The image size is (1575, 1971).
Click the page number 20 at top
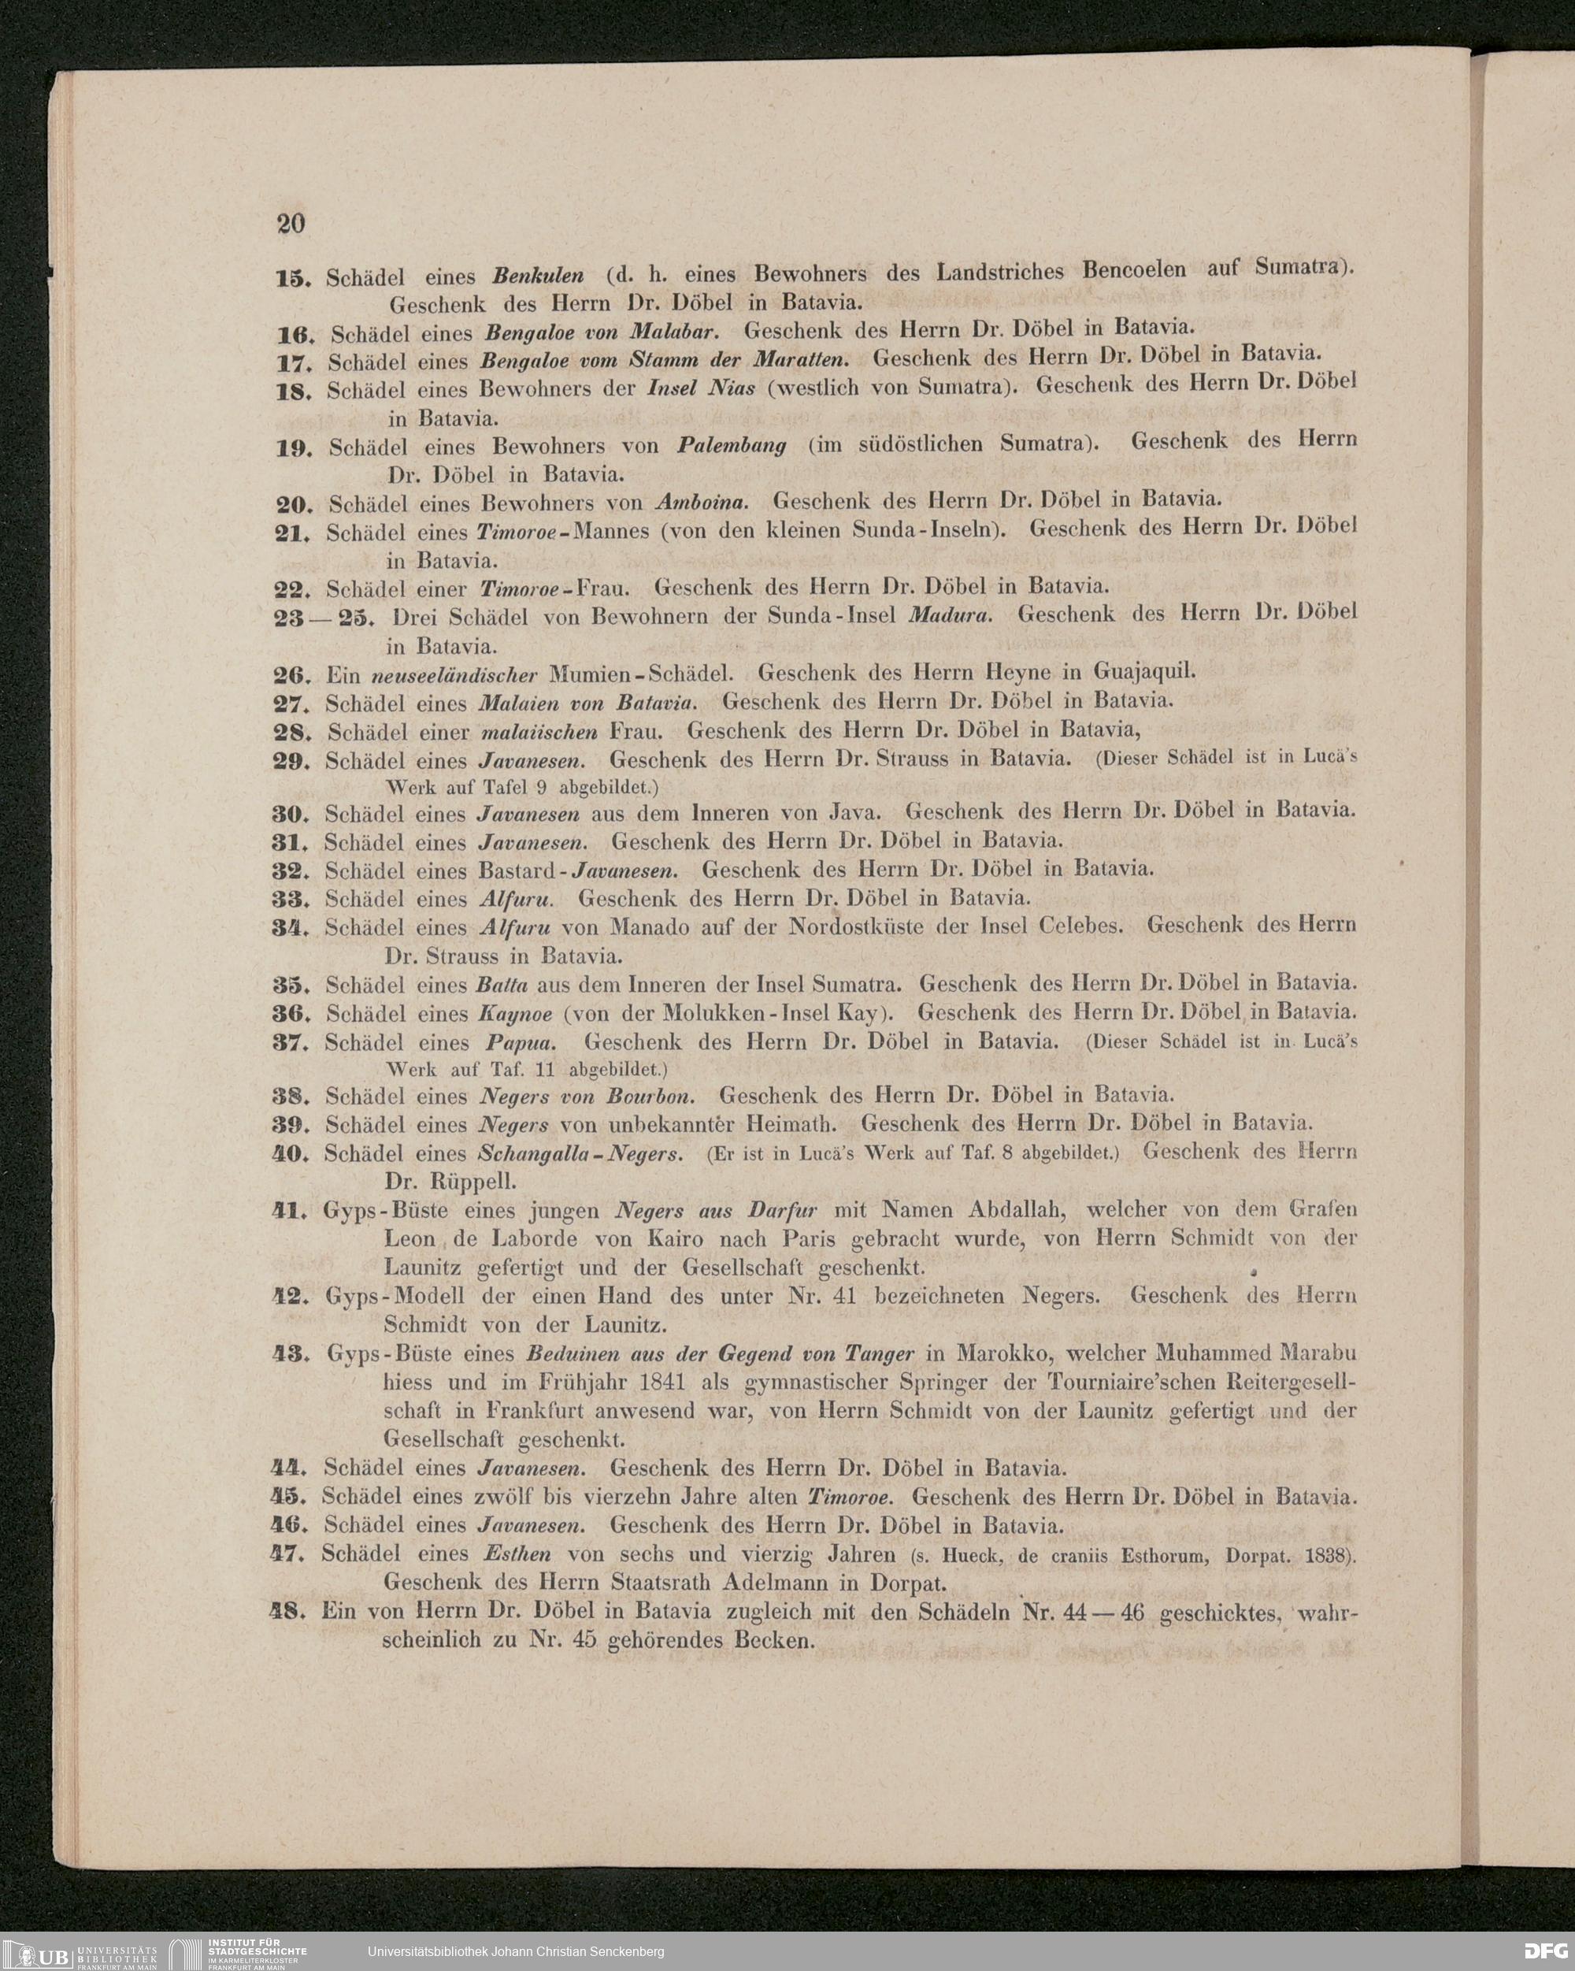tap(291, 223)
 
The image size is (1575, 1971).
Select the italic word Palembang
tap(732, 446)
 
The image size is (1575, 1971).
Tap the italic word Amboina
tap(702, 503)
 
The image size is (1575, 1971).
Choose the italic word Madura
tap(951, 615)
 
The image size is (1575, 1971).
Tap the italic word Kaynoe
tap(513, 1015)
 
